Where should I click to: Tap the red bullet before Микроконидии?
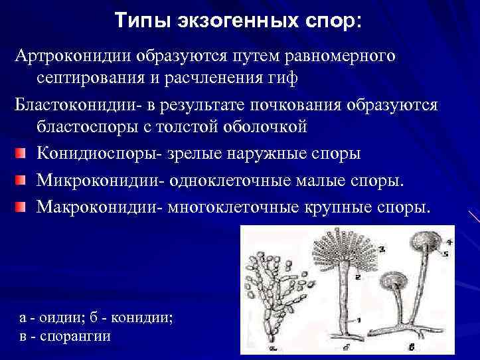(x=21, y=181)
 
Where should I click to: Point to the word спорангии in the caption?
(x=74, y=336)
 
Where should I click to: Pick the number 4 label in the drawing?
(x=449, y=242)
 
